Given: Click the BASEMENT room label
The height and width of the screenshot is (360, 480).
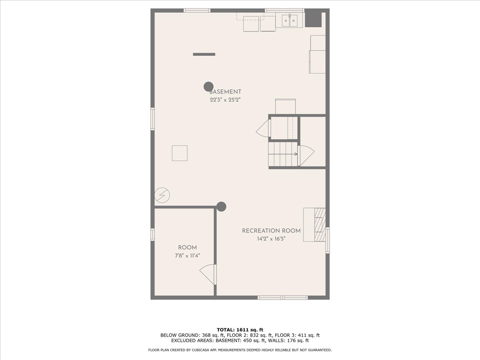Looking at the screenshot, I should [x=225, y=92].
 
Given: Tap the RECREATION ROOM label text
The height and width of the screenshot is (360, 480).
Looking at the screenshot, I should [x=271, y=231].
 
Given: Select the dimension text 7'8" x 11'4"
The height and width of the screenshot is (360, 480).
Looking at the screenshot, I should [x=187, y=256].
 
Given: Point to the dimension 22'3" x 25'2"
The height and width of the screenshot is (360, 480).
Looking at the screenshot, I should [x=225, y=100].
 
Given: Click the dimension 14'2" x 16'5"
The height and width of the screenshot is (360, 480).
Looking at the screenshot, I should [x=271, y=239].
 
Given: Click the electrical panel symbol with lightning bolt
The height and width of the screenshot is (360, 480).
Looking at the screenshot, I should [x=162, y=195].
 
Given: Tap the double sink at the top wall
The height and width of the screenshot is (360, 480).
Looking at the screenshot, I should [x=289, y=20].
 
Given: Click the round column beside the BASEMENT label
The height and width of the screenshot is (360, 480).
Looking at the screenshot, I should [x=208, y=86].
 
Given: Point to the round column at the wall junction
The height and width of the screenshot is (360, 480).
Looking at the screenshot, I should [x=221, y=206].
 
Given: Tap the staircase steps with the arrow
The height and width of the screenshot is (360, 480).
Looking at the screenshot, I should [x=283, y=154].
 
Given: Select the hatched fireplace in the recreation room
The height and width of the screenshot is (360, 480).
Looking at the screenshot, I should [x=320, y=225].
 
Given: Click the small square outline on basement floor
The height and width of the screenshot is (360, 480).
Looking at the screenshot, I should [x=180, y=153].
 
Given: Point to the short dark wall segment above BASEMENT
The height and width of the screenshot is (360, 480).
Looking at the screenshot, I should [x=204, y=54].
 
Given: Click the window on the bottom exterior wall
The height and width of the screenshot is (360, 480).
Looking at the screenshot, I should [x=282, y=297].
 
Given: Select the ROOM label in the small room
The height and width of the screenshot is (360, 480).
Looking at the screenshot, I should [x=187, y=248].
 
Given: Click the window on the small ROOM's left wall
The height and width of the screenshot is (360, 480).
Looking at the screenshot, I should [x=152, y=234].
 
